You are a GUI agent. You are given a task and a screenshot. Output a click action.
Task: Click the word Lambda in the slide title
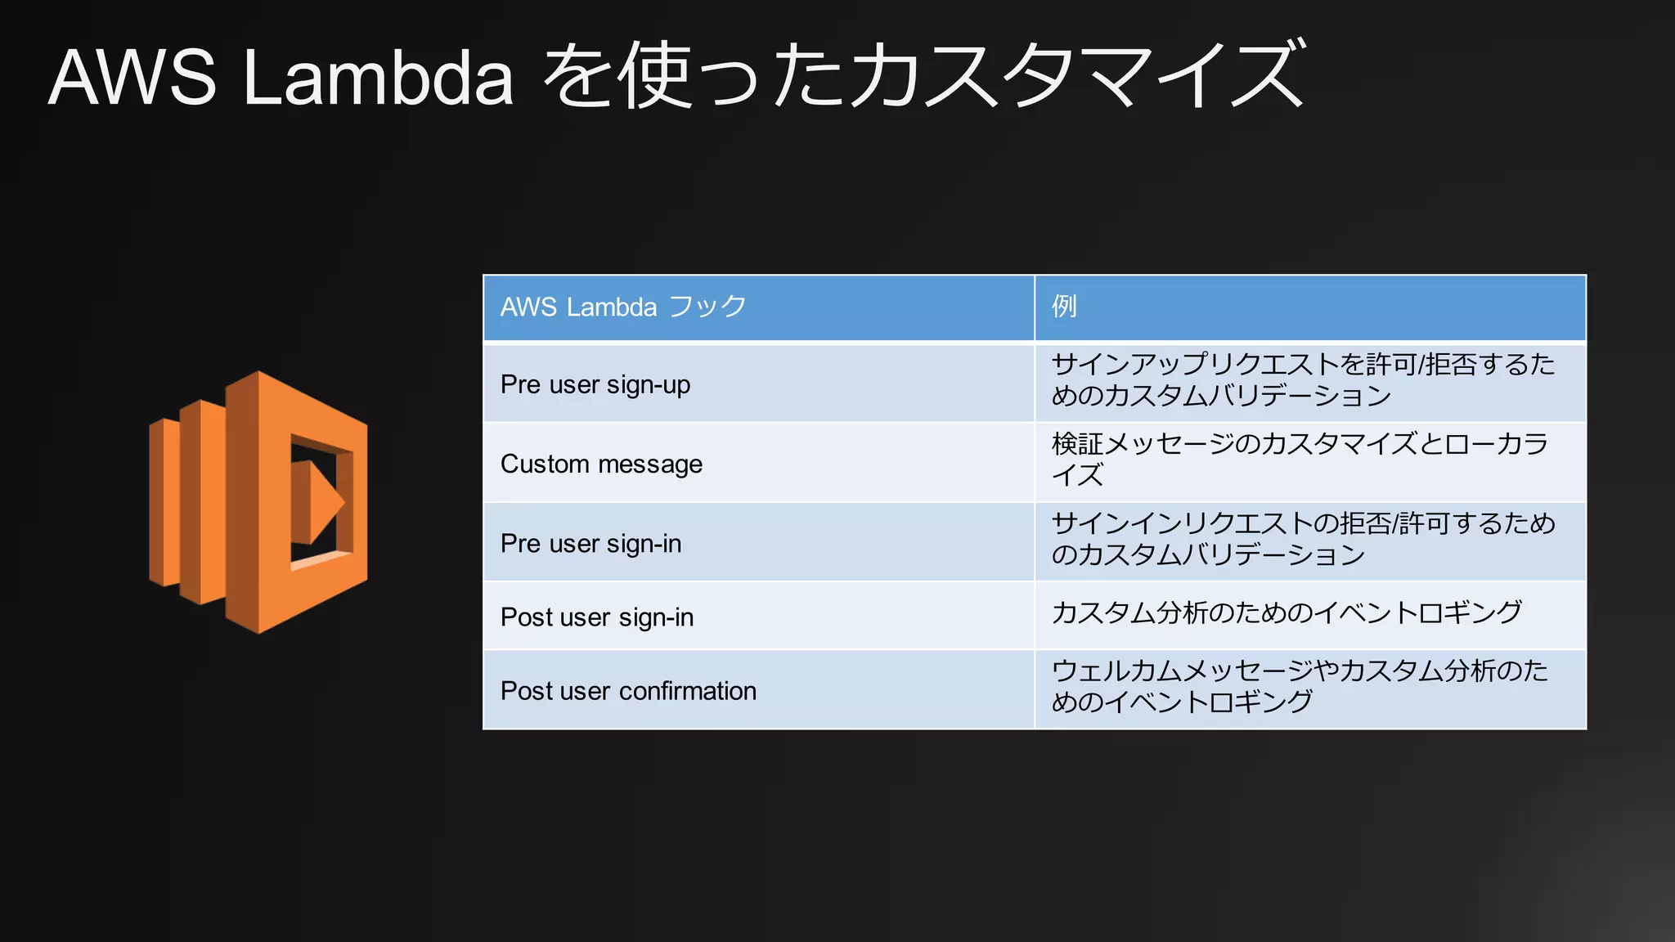pos(378,78)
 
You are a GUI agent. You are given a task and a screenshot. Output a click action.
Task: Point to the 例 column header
pos(1064,307)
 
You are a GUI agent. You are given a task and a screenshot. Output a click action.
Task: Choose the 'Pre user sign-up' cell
pos(595,384)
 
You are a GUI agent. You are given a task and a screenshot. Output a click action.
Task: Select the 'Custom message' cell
pos(601,464)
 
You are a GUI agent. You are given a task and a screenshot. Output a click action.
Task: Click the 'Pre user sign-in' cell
pos(591,543)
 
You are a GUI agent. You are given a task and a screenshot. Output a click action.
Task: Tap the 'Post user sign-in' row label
pos(597,617)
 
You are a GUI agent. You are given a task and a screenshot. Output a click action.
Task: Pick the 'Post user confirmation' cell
pos(628,691)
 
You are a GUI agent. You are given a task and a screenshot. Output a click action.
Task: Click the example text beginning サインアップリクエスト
pos(1302,379)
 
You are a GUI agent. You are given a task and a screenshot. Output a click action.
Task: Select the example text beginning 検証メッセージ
pos(1300,459)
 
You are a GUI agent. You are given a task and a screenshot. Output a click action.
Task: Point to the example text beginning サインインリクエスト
pos(1303,538)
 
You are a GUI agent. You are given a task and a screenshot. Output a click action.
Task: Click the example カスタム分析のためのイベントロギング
pos(1287,612)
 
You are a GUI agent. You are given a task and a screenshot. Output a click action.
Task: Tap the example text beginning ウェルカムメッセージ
pos(1300,685)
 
